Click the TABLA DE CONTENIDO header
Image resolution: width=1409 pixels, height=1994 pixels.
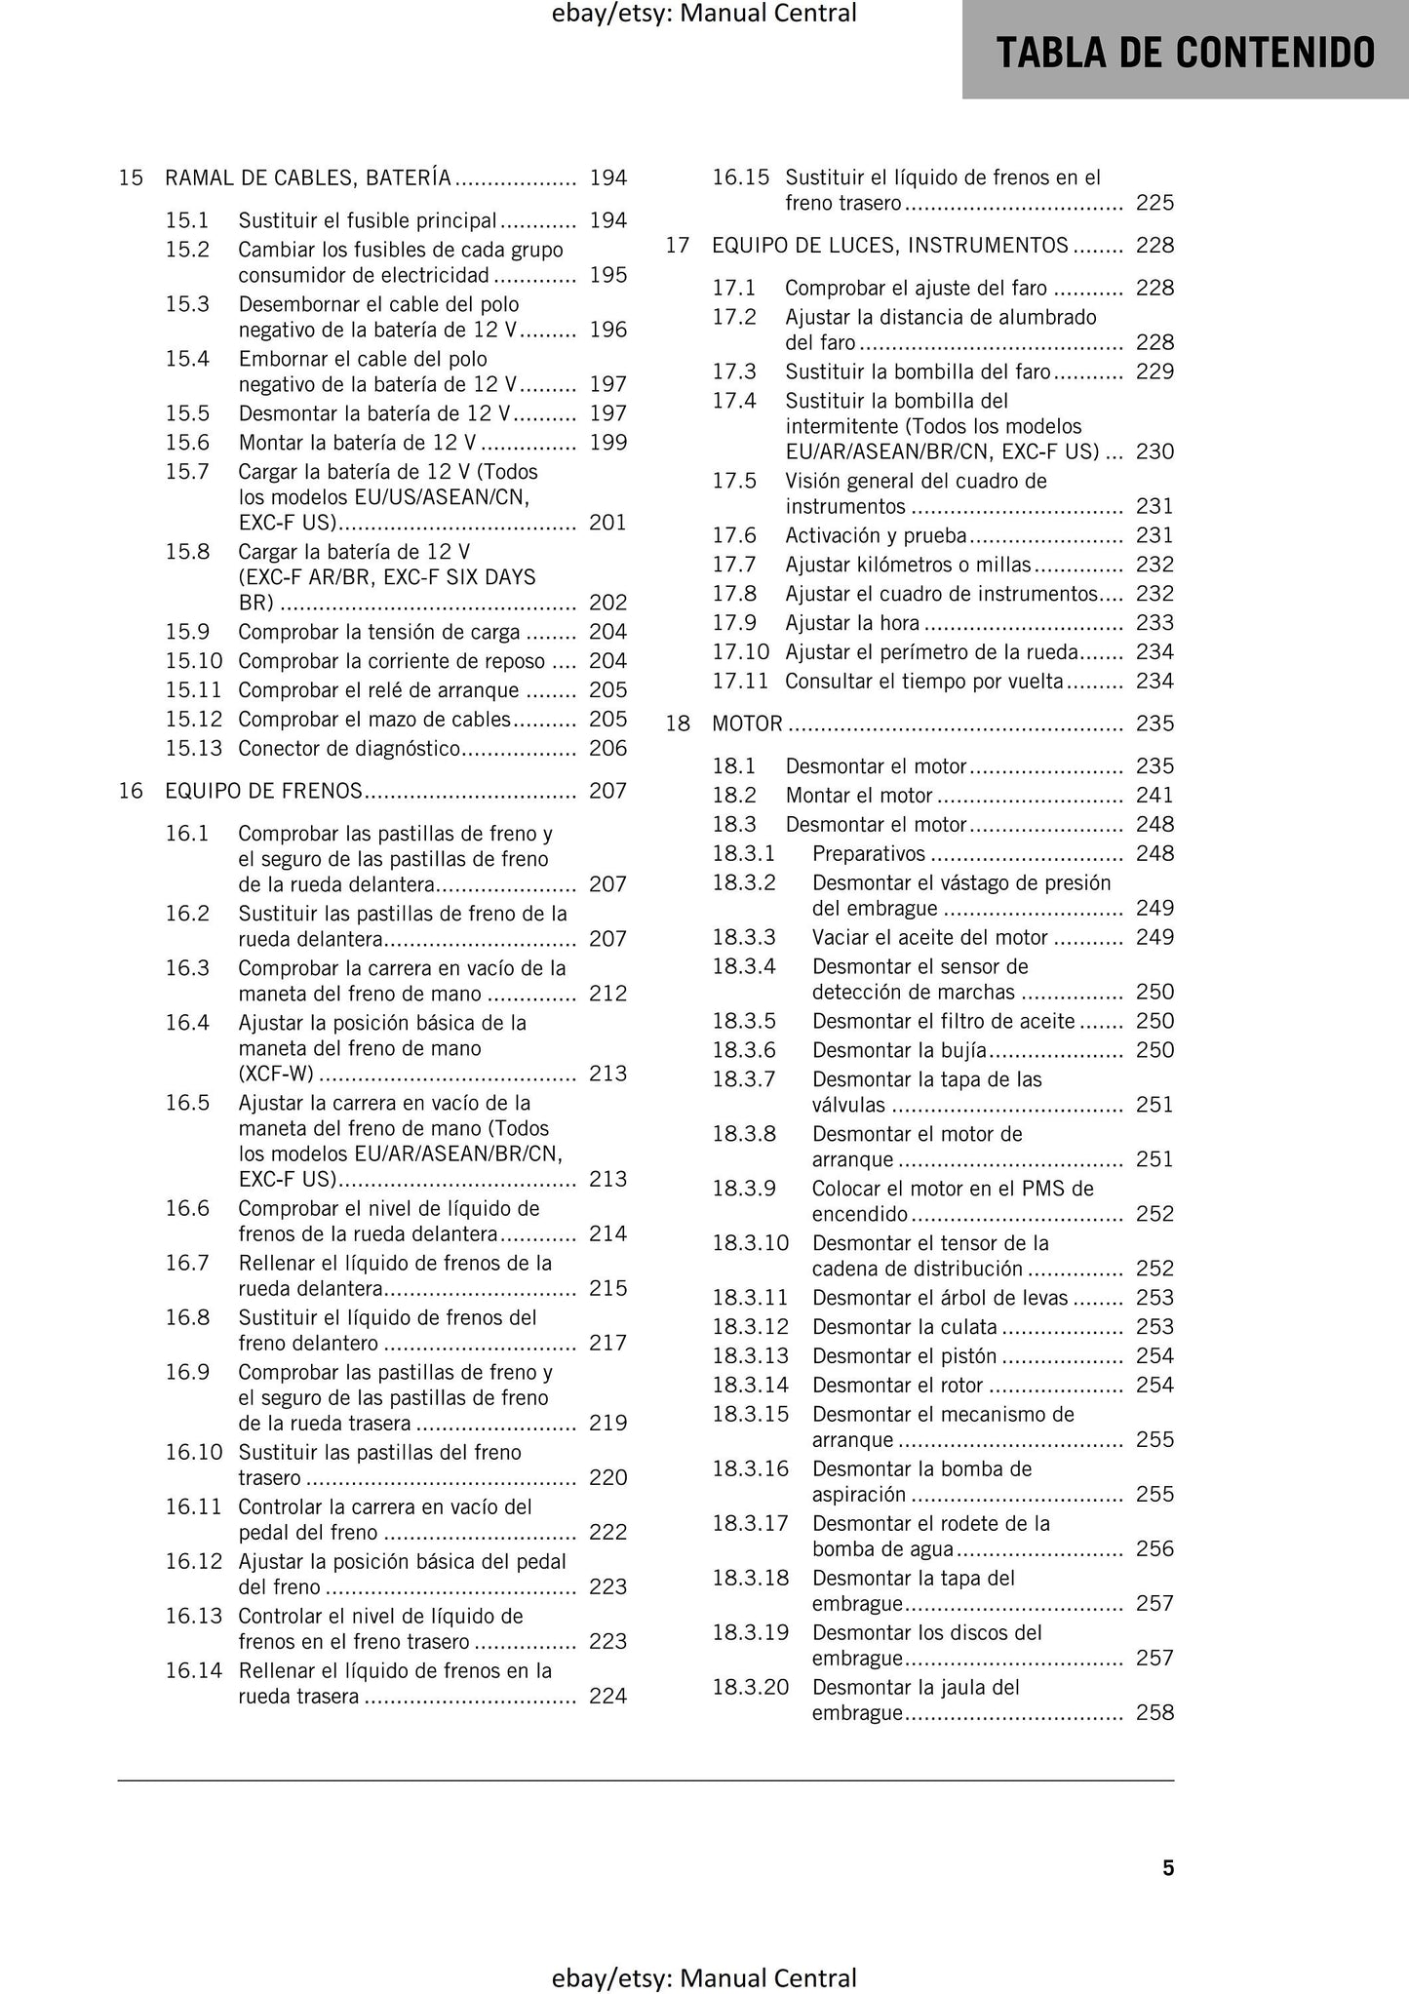[1185, 52]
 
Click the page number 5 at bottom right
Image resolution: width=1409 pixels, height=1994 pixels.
[1168, 1867]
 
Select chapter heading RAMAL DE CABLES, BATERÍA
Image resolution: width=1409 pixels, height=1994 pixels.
[308, 177]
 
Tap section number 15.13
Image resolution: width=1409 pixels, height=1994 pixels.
[194, 748]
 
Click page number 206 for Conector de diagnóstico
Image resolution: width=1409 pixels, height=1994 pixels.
[607, 748]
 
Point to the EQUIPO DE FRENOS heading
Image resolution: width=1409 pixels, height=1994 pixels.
[264, 791]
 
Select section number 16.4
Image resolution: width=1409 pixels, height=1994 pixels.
[187, 1023]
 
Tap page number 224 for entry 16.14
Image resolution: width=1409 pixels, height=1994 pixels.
[607, 1696]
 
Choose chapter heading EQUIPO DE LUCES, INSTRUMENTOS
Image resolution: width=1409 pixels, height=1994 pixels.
[890, 246]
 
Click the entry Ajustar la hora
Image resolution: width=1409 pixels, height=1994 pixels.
[852, 623]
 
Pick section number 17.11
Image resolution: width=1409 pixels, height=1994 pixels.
[740, 682]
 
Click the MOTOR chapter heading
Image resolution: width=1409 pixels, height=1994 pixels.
[747, 723]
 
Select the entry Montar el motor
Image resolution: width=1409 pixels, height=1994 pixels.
[859, 796]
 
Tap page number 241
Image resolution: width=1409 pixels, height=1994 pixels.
[1155, 796]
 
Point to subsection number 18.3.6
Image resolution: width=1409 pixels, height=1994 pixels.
[744, 1050]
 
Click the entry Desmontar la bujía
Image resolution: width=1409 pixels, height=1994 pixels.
[899, 1050]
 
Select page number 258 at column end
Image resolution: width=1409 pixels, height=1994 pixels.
[1155, 1712]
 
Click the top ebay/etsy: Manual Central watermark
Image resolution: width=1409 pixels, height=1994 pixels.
[704, 14]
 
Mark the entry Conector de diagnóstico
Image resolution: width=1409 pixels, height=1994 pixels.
[349, 748]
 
